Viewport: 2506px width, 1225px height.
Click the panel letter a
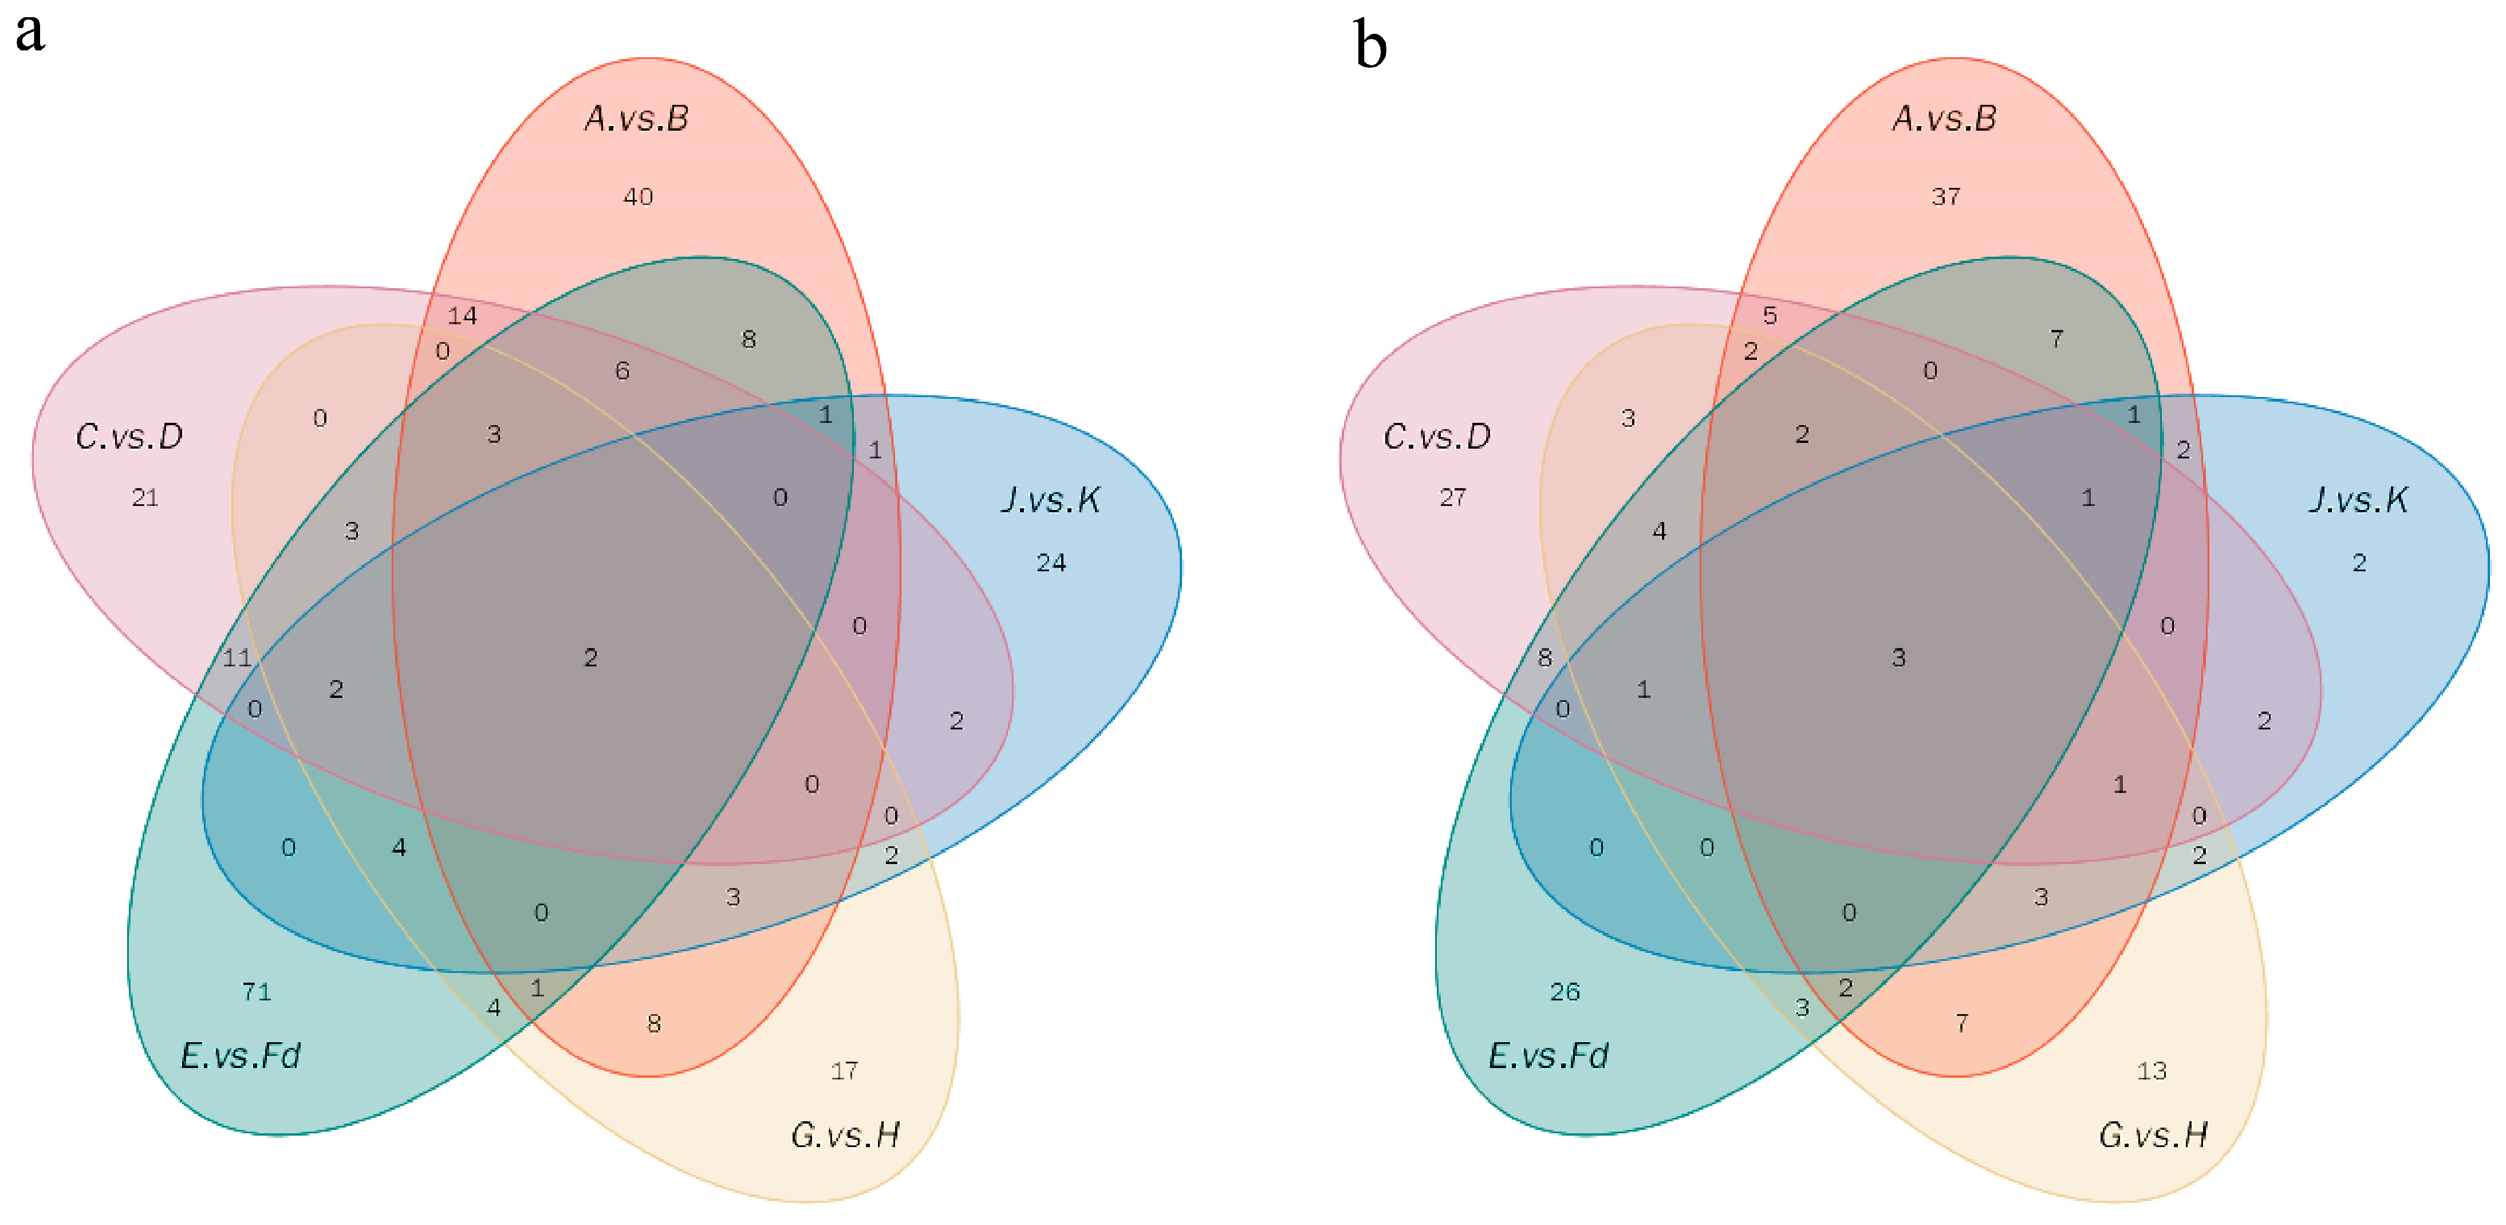coord(30,34)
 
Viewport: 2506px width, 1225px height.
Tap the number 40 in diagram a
coord(638,197)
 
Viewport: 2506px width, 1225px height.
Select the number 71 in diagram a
coord(257,991)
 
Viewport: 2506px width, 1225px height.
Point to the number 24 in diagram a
coord(1051,563)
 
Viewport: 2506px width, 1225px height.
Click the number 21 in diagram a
coord(145,497)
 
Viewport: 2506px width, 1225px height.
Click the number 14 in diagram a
coord(462,315)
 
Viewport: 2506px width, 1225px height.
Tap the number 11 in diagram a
coord(237,658)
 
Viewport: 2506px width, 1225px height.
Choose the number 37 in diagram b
coord(1946,197)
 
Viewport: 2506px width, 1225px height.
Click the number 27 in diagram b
coord(1452,497)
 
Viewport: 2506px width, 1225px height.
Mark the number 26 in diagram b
coord(1565,991)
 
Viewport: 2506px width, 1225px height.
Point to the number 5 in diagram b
coord(1770,315)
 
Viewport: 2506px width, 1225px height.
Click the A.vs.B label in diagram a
coord(637,119)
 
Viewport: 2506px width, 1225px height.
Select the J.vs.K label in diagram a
coord(1051,500)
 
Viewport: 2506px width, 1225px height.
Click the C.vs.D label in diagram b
coord(1437,437)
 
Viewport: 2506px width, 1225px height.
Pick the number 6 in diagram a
coord(622,371)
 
